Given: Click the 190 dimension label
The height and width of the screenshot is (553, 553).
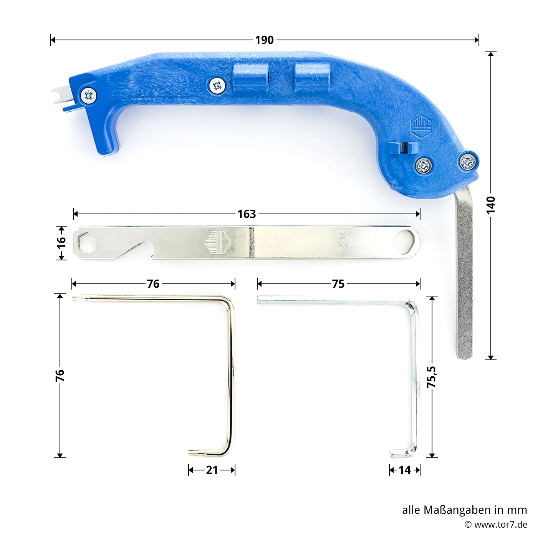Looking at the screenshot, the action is tap(264, 40).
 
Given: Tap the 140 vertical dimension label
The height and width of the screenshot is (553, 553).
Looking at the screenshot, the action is tap(491, 205).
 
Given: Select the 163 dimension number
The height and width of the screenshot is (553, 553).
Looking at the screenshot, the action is tap(247, 214).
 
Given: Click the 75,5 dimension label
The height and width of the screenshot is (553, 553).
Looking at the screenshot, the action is tap(431, 377).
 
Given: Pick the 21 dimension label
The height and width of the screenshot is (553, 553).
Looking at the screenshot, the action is tap(212, 470).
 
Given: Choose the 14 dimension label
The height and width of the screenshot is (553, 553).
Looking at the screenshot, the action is tap(405, 470).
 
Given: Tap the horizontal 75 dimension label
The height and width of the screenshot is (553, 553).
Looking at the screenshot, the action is tap(338, 284).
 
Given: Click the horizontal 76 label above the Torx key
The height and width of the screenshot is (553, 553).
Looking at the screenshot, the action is tap(153, 284).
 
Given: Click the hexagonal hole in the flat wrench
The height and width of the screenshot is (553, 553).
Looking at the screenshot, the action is tap(87, 243).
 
